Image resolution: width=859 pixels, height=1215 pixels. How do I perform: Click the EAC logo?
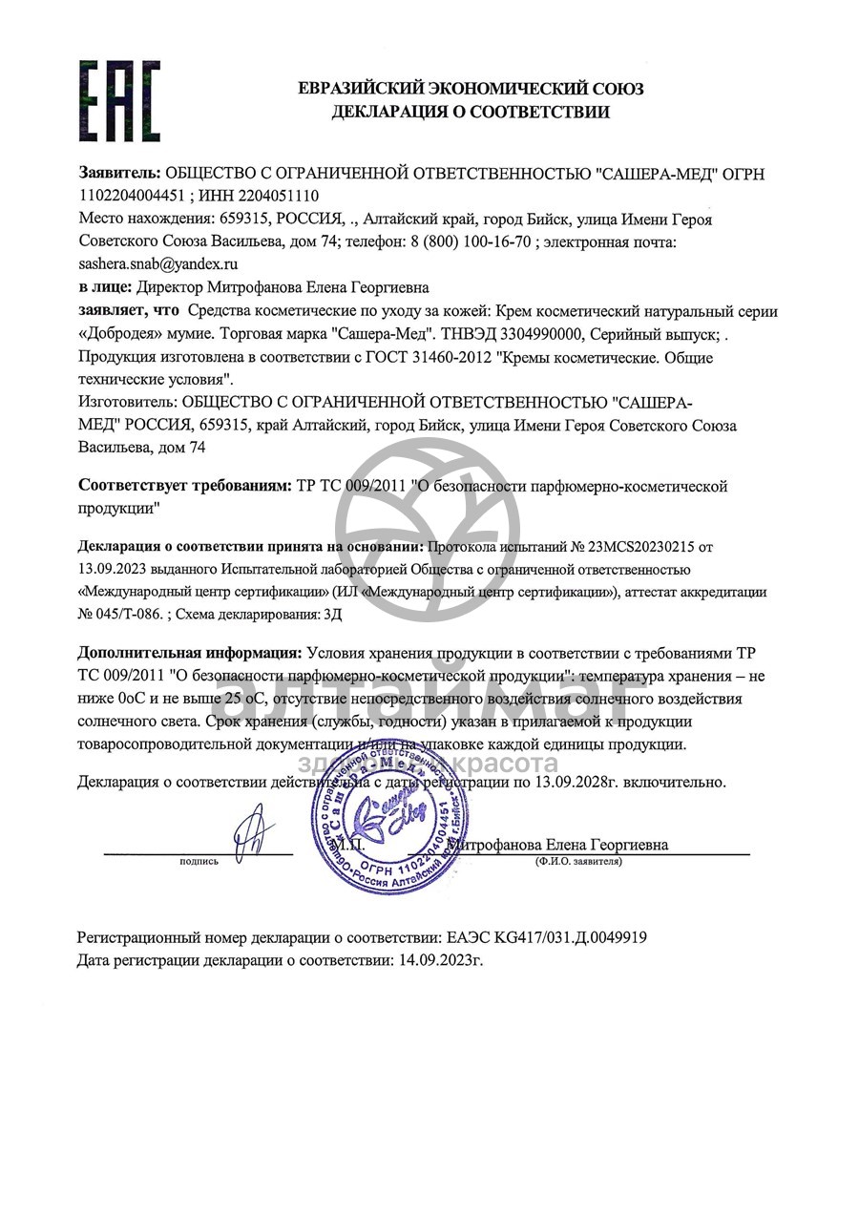point(119,101)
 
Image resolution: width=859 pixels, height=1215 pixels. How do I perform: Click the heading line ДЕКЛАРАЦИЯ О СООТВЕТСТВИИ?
point(471,113)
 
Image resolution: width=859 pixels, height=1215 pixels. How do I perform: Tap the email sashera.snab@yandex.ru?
point(157,263)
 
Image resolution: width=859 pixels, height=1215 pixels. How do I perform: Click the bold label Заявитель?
point(119,174)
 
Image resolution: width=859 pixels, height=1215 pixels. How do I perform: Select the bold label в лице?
point(105,286)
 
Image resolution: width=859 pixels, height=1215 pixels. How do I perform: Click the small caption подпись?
point(199,861)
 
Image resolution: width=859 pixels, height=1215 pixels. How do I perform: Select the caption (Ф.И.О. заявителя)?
point(578,861)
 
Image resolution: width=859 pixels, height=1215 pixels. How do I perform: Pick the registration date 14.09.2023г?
point(438,960)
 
